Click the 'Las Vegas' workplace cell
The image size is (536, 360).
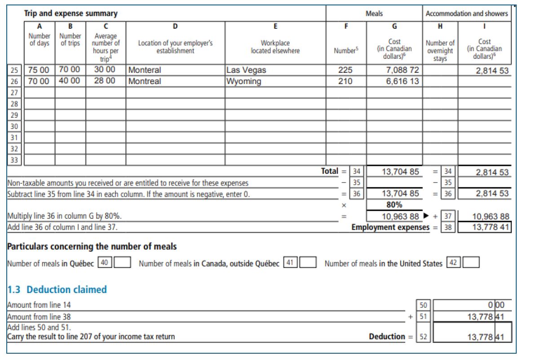[x=247, y=70]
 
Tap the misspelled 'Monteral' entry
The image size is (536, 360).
[x=145, y=70]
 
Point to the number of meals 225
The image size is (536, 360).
[x=346, y=70]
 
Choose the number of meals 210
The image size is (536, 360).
[x=346, y=81]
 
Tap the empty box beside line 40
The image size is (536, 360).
[x=123, y=263]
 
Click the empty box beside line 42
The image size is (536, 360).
[x=471, y=263]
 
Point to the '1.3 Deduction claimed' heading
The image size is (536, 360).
[x=57, y=289]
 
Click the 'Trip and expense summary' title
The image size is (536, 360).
[x=71, y=13]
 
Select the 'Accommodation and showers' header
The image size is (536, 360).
[x=466, y=13]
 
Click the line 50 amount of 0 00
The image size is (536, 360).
[x=498, y=305]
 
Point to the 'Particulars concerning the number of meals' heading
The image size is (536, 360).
[x=92, y=246]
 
